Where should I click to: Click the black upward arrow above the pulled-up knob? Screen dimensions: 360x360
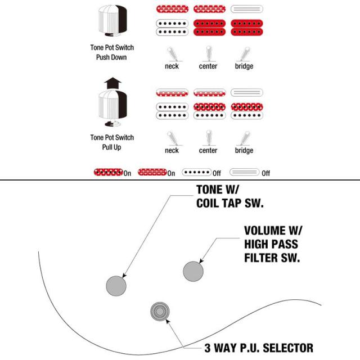coord(112,83)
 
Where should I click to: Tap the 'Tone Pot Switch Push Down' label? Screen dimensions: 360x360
coord(112,52)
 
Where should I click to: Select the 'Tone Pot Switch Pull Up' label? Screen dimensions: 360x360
coord(112,142)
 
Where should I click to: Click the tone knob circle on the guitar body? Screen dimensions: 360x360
coord(116,286)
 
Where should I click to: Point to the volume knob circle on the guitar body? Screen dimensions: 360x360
coord(193,271)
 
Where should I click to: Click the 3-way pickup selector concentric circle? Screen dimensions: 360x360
coord(160,311)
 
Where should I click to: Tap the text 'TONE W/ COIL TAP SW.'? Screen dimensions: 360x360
coord(230,196)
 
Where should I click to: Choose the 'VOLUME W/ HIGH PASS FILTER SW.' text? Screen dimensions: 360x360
coord(273,244)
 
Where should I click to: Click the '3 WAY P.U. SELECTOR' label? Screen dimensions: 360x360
coord(259,348)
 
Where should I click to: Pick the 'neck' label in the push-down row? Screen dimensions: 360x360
coord(172,66)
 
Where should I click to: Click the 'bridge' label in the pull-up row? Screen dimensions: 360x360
coord(244,150)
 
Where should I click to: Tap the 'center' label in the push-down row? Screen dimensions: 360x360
coord(208,66)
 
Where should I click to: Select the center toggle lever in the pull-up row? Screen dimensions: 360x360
coord(209,137)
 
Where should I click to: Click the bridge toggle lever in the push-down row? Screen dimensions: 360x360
coord(245,54)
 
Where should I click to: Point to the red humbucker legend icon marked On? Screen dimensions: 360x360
coord(109,172)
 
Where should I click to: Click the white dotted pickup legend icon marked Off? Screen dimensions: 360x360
coord(197,172)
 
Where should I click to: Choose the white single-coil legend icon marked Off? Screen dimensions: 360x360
coord(245,172)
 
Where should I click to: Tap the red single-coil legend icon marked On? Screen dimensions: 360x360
coord(152,172)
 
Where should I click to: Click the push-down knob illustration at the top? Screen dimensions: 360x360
coord(112,21)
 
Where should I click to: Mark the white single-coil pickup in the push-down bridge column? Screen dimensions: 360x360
coord(247,9)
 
